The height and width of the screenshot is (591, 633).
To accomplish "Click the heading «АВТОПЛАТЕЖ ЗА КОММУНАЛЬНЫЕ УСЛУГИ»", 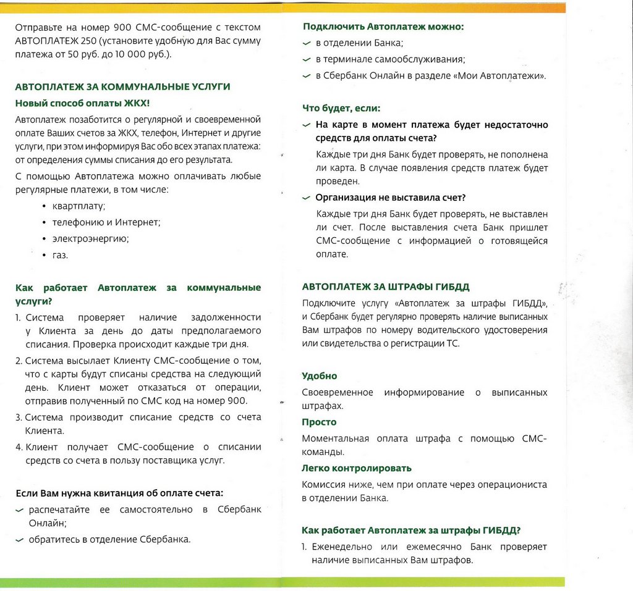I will [122, 87].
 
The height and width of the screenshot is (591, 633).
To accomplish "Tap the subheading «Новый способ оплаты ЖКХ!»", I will [82, 103].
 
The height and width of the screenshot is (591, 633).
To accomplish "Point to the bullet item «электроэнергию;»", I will [90, 238].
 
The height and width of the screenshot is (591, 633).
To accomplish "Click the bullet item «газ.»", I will [60, 255].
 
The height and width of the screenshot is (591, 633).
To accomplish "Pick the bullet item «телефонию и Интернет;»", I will [106, 222].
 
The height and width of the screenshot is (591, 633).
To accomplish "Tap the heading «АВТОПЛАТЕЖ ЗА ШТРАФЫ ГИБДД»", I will [386, 287].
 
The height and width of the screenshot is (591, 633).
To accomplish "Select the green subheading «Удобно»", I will [319, 376].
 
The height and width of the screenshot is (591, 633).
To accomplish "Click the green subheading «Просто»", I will [319, 422].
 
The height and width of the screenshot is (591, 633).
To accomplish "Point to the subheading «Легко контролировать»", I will [357, 469].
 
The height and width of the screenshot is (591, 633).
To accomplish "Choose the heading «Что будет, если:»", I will [341, 109].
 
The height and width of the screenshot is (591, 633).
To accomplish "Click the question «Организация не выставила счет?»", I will [390, 198].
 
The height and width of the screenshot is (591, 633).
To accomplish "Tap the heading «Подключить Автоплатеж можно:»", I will [383, 27].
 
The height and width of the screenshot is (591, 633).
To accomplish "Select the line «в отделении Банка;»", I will [359, 43].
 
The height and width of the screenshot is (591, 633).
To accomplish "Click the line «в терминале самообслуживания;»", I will [390, 60].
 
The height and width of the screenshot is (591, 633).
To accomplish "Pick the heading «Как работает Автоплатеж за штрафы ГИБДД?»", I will [411, 530].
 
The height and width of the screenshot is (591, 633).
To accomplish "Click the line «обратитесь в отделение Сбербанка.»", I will [109, 539].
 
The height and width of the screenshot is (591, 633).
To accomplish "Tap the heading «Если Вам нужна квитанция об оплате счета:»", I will [119, 493].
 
